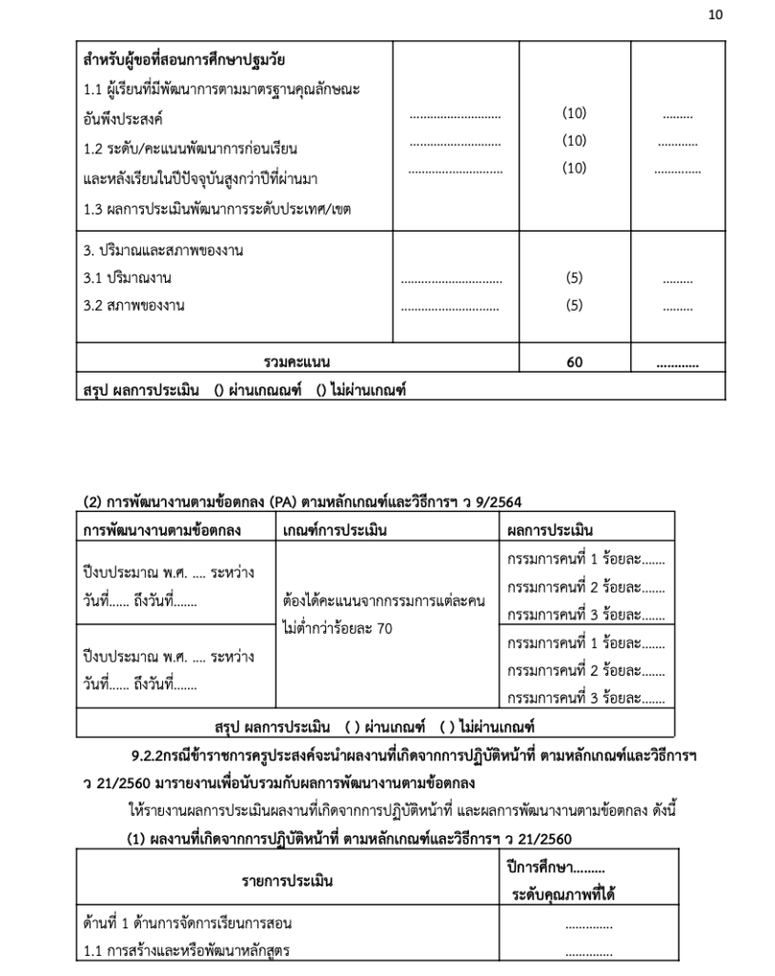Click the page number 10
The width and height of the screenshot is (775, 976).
click(x=716, y=14)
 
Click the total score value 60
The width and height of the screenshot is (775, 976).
click(x=574, y=362)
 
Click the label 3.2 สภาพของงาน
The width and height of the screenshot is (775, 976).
click(x=133, y=306)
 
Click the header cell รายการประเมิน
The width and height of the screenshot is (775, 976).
click(x=287, y=882)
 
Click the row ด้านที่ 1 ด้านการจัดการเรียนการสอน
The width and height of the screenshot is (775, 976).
click(x=188, y=924)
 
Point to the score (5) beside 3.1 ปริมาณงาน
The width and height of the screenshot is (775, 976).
click(x=574, y=278)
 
